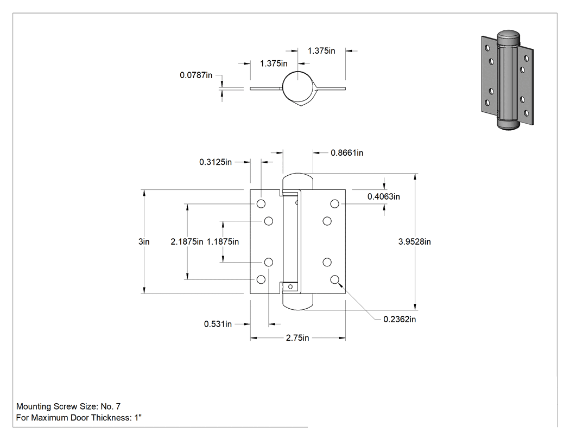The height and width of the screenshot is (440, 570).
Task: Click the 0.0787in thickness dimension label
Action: [x=196, y=75]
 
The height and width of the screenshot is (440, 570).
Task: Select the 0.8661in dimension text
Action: [x=347, y=153]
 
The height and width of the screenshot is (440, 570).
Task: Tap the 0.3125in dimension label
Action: [x=215, y=162]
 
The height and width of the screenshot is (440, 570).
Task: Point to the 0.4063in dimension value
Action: [x=383, y=196]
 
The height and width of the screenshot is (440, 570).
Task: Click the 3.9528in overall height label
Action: [x=414, y=241]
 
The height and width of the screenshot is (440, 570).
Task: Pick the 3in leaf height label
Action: [x=144, y=241]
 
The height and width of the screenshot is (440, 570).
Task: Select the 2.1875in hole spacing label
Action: [x=187, y=241]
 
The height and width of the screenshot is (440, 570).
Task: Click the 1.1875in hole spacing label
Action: [x=223, y=241]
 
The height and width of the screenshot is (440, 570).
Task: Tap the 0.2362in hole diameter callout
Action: [x=400, y=320]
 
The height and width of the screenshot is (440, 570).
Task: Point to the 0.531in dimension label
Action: [x=218, y=324]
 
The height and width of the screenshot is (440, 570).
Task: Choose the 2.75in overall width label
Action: [x=297, y=338]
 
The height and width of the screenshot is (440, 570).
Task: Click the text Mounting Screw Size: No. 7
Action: [x=68, y=406]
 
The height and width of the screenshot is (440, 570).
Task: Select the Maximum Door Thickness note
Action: [x=79, y=418]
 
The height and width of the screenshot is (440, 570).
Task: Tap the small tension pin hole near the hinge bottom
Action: [x=290, y=286]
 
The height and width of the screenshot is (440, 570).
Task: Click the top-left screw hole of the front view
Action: [x=261, y=203]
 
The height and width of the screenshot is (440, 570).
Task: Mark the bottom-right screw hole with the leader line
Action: [x=335, y=279]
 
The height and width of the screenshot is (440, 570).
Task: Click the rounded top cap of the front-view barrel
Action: [x=297, y=181]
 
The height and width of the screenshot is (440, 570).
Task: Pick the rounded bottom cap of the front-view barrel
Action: [x=297, y=302]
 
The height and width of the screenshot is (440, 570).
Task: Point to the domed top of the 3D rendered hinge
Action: [x=508, y=36]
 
